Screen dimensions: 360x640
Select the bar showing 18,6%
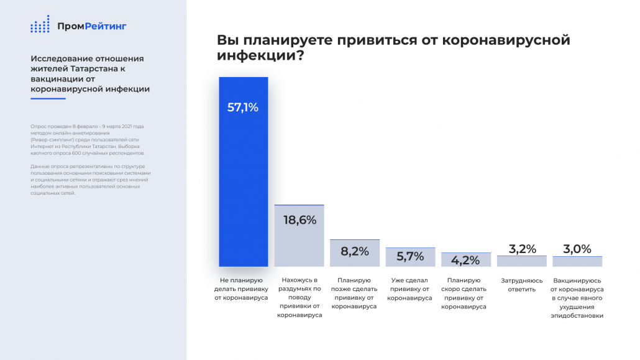[299, 236]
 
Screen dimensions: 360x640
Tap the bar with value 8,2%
[355, 253]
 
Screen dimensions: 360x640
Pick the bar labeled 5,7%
[410, 257]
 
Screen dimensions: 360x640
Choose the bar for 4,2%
[465, 259]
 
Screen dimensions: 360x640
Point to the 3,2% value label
[522, 249]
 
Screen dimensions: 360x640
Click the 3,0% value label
[577, 249]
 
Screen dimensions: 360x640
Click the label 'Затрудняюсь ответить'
[522, 285]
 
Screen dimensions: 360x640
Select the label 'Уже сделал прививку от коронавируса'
[410, 289]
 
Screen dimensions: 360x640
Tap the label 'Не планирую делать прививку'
[242, 289]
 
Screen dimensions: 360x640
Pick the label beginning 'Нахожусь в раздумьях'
[299, 298]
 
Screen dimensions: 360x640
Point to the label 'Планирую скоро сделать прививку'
[465, 293]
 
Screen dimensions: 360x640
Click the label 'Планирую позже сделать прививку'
[355, 293]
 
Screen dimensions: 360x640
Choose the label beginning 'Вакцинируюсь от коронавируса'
[577, 298]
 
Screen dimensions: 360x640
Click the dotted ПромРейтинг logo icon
[40, 25]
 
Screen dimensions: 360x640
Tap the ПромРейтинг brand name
[91, 26]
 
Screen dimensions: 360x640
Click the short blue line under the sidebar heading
[48, 99]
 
